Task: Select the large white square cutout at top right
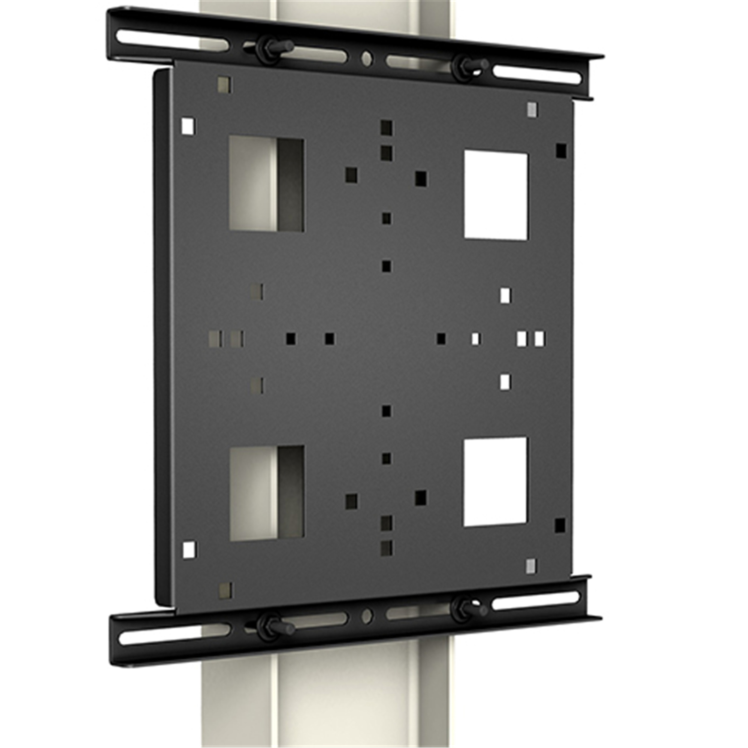click(496, 195)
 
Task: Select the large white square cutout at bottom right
click(495, 482)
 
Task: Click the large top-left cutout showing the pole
click(266, 184)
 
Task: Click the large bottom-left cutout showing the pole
click(267, 493)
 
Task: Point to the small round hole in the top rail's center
click(367, 58)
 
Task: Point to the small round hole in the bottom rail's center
click(367, 616)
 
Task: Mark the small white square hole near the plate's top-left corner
click(187, 126)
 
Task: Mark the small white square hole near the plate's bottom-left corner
click(189, 550)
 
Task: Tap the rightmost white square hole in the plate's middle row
click(539, 339)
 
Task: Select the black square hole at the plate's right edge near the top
click(561, 151)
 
